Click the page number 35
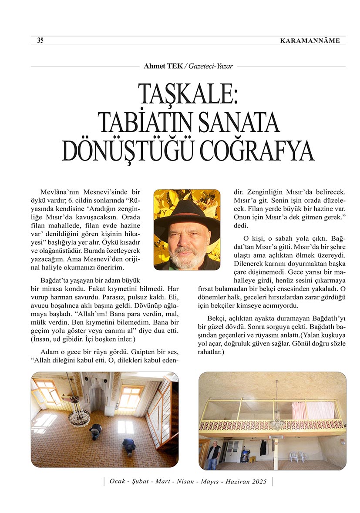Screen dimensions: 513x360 point(40,40)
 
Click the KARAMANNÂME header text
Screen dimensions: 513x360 point(310,41)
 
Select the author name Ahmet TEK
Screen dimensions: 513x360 point(163,67)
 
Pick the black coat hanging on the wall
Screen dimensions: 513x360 point(263,447)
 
